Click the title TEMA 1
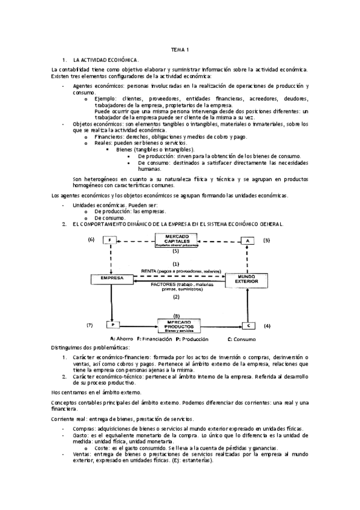(x=180, y=49)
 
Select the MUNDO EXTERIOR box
(x=245, y=280)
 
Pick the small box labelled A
(x=246, y=241)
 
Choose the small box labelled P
(x=111, y=325)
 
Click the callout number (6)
(x=91, y=240)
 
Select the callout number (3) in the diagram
(x=266, y=240)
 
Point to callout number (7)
(x=90, y=325)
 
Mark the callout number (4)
(x=267, y=325)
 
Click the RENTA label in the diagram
(x=149, y=271)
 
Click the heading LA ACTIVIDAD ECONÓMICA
(x=106, y=61)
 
